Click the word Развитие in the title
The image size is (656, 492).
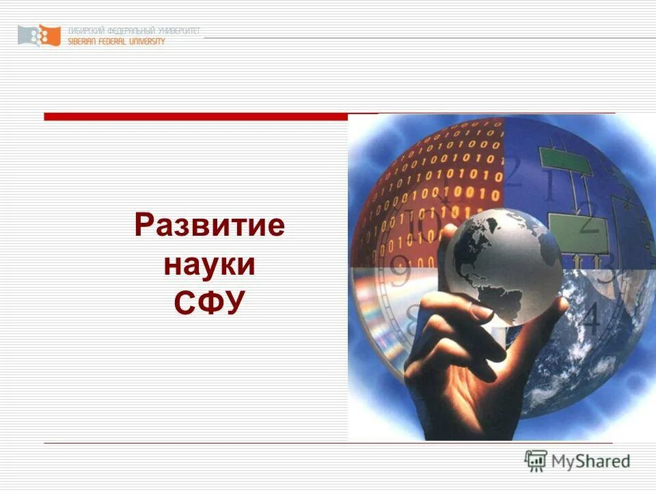click(209, 225)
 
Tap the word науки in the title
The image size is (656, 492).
click(209, 264)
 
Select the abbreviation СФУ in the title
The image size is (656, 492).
click(209, 303)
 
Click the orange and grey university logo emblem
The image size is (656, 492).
click(40, 35)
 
